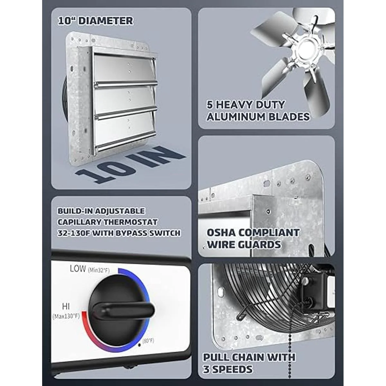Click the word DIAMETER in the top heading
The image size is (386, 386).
tap(106, 21)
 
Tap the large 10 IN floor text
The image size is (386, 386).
tap(130, 164)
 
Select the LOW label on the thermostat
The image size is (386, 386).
tap(78, 269)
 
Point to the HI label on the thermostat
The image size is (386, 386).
tap(66, 306)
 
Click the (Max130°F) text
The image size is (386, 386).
tap(66, 316)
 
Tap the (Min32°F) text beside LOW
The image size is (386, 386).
tap(99, 270)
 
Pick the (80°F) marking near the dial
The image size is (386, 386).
tap(148, 341)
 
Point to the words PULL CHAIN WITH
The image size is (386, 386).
tap(249, 352)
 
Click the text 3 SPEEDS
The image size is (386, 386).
tap(227, 364)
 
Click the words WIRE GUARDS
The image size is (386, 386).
tap(244, 244)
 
